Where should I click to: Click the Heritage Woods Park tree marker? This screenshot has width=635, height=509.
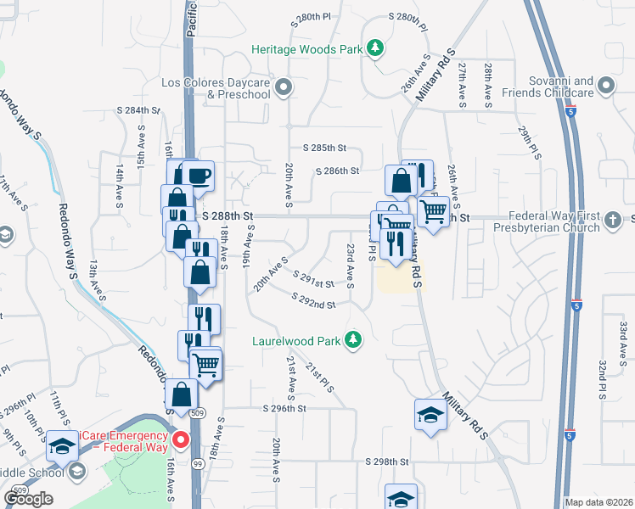tap(374, 48)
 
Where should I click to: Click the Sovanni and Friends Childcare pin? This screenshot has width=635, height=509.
tap(606, 86)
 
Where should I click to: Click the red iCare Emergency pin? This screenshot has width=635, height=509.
tap(180, 440)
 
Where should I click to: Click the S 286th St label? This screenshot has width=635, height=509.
tap(337, 171)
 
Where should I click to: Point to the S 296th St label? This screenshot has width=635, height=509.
tap(284, 408)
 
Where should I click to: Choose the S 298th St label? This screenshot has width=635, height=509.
tap(387, 461)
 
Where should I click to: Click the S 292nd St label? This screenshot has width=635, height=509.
tap(313, 300)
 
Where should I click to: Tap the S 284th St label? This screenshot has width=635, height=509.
tap(138, 110)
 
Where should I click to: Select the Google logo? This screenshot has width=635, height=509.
tap(28, 498)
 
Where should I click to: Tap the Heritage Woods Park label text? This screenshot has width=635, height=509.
tap(307, 49)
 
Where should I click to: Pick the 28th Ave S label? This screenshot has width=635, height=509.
tap(488, 85)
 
